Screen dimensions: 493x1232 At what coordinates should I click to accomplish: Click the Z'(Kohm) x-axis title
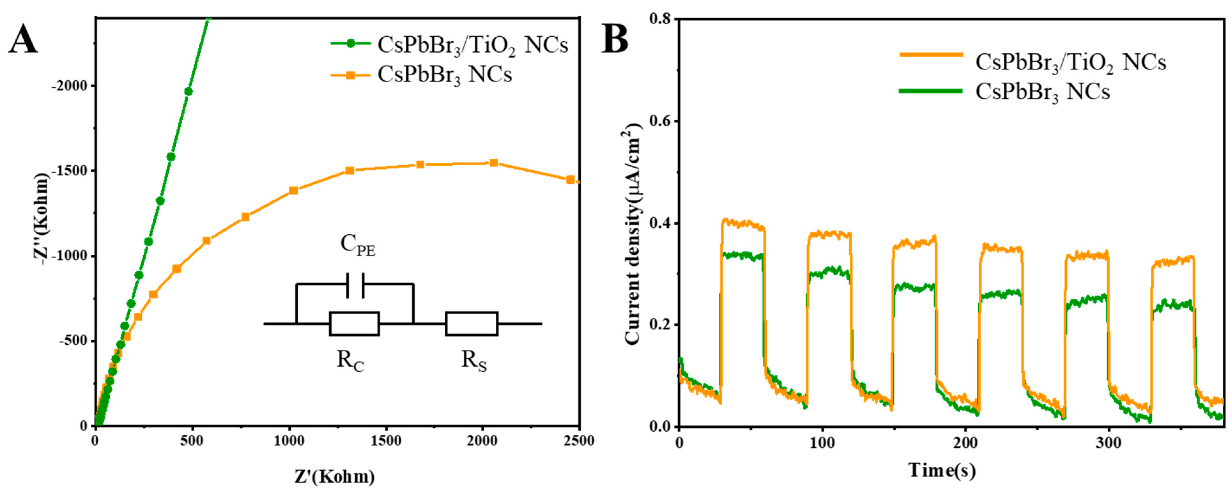(335, 476)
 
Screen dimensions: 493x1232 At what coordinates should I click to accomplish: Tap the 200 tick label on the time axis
(965, 443)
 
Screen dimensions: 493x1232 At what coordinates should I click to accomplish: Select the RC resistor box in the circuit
(354, 324)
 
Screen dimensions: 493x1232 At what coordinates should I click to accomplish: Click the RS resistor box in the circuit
(471, 324)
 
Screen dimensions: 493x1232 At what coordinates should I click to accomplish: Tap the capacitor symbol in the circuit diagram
(355, 285)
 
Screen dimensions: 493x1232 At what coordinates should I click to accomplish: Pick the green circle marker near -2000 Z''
(188, 91)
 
